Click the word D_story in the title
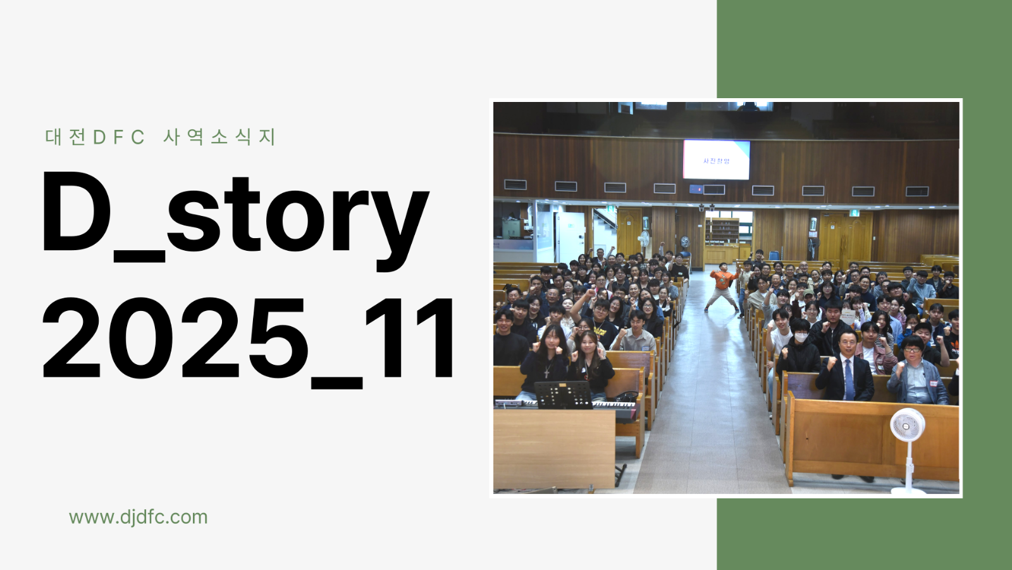(234, 215)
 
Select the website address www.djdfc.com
(138, 517)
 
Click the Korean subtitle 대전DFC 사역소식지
(161, 137)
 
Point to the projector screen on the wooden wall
(716, 160)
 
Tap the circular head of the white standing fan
(908, 425)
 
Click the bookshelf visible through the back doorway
(722, 231)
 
